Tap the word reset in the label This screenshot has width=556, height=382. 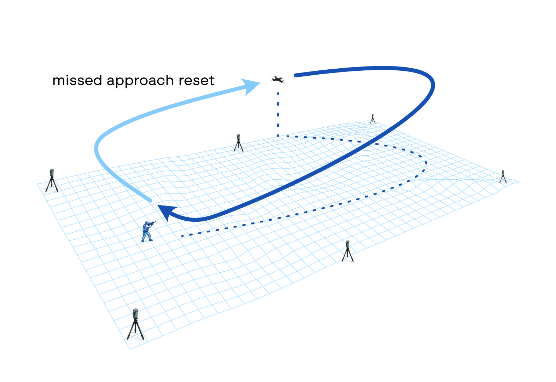[197, 81]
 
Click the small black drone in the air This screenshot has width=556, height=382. [278, 80]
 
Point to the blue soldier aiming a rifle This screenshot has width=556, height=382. [147, 231]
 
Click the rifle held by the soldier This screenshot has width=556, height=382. [152, 223]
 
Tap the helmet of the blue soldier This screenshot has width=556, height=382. [147, 223]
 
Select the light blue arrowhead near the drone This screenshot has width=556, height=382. [251, 86]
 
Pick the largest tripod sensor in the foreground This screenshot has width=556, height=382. [135, 324]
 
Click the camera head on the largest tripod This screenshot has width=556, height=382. [135, 313]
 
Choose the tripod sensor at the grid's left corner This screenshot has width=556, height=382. [52, 180]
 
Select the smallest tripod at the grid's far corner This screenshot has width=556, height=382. [373, 119]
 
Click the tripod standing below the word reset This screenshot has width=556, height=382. [239, 143]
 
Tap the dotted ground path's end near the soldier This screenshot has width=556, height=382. [182, 236]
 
